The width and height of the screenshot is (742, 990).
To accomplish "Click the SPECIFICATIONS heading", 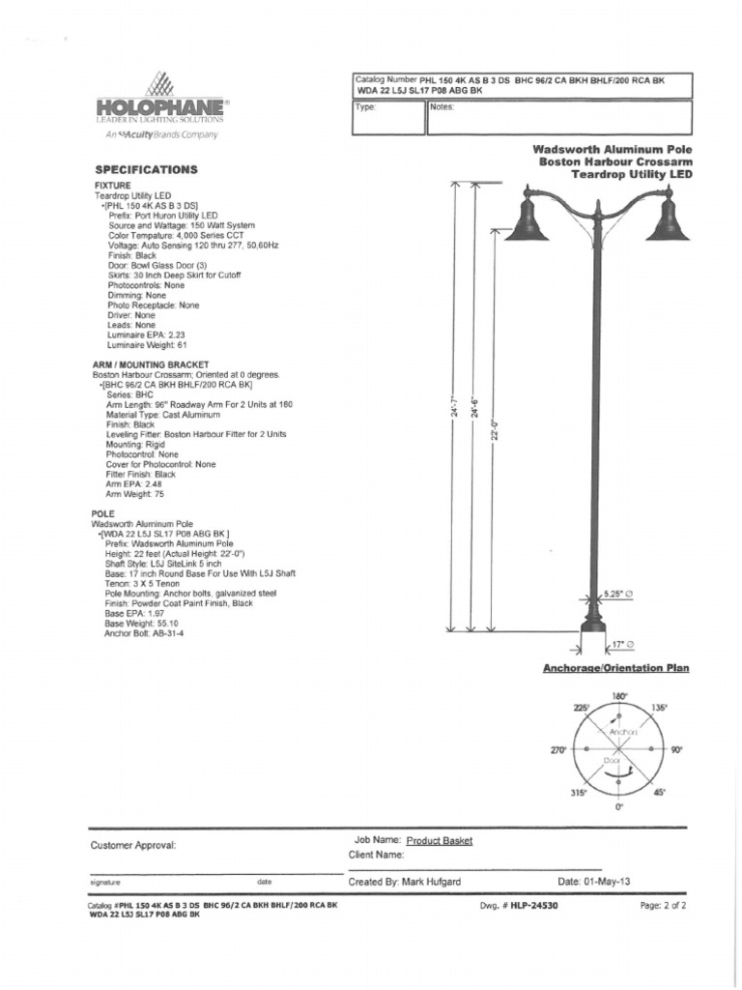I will tap(145, 169).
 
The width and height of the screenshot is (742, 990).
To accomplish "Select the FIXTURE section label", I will tap(112, 184).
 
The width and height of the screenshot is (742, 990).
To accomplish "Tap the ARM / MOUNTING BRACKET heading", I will tap(150, 364).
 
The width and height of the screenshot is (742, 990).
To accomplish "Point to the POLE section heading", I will tap(103, 513).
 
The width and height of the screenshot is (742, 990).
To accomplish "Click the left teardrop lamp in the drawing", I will tap(526, 221).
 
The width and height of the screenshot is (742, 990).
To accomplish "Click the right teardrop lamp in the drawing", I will tap(668, 221).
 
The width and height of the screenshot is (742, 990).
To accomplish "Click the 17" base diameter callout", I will tap(622, 643).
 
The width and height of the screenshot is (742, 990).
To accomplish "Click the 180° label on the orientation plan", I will tap(620, 695).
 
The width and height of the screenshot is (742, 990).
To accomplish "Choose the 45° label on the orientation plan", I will tap(660, 792).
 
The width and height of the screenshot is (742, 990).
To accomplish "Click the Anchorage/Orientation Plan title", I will tap(615, 668).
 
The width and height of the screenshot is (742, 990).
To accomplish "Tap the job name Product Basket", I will tap(440, 841).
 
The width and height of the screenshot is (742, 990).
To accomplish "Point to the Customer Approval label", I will tap(133, 845).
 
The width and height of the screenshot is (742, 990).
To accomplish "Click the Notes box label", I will tap(442, 107).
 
